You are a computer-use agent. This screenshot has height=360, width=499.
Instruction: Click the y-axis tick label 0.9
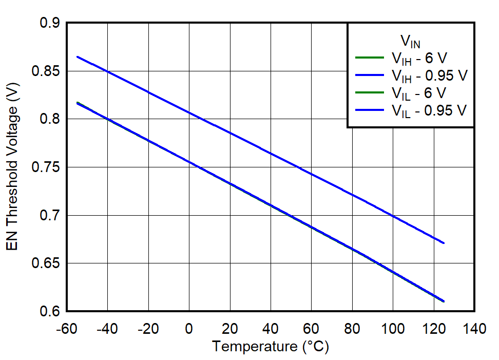pyautogui.click(x=49, y=24)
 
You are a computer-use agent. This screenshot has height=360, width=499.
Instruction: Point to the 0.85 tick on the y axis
pyautogui.click(x=46, y=71)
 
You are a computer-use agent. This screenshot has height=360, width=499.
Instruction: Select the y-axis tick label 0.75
pyautogui.click(x=46, y=167)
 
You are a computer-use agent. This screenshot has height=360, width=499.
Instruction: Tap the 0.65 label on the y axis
pyautogui.click(x=46, y=263)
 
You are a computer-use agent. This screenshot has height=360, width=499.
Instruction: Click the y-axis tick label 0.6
pyautogui.click(x=49, y=312)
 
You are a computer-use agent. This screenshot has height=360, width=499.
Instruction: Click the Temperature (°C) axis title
pyautogui.click(x=271, y=347)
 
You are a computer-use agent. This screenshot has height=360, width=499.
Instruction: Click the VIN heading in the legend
pyautogui.click(x=410, y=41)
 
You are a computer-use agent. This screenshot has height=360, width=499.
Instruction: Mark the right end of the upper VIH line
pyautogui.click(x=444, y=243)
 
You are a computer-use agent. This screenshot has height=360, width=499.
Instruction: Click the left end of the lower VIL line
pyautogui.click(x=77, y=103)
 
